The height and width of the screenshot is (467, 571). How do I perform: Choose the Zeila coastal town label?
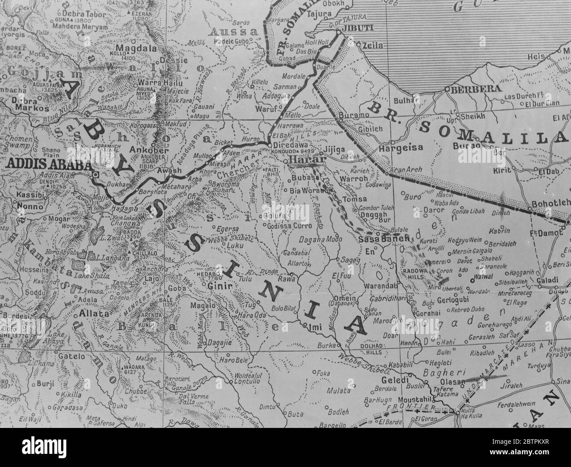coord(372,45)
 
